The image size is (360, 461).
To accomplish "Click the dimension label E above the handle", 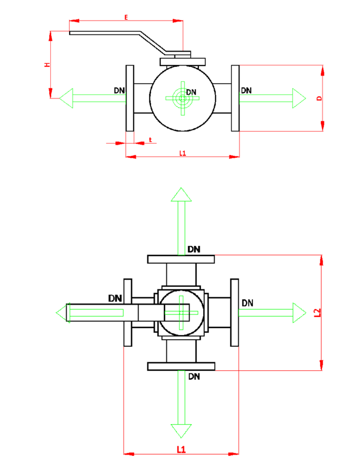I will (126, 18).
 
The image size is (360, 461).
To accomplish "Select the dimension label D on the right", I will (319, 98).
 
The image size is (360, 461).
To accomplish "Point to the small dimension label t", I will (150, 139).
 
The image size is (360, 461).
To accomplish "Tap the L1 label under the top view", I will (182, 153).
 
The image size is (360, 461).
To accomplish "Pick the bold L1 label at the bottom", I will (181, 449).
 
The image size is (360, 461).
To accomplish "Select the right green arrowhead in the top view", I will (299, 98).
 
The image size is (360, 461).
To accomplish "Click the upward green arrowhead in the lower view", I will (181, 195).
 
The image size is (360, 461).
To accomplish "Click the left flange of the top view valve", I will (129, 98).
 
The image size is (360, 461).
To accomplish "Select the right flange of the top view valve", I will (235, 98).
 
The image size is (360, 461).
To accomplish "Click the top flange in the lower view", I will (181, 259).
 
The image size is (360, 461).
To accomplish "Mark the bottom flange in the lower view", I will (181, 367).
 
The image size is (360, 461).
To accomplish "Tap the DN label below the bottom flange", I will (194, 377).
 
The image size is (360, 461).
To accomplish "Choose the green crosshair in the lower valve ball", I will (181, 313).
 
